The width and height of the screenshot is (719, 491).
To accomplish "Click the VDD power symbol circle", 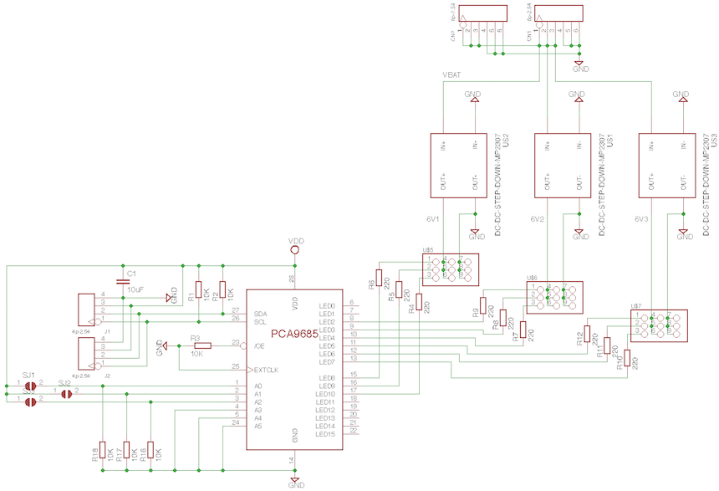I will pyautogui.click(x=294, y=249).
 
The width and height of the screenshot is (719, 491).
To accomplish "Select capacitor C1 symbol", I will pyautogui.click(x=124, y=282).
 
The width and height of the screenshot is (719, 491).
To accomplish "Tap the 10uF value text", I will pyautogui.click(x=135, y=289).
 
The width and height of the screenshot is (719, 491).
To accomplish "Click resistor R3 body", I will pyautogui.click(x=200, y=345).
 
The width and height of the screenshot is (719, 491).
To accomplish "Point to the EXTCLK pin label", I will pyautogui.click(x=266, y=368).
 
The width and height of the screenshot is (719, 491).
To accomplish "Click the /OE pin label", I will pyautogui.click(x=259, y=345).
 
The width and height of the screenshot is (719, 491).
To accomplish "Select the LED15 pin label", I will pyautogui.click(x=326, y=433).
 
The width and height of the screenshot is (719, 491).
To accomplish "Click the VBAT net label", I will pyautogui.click(x=452, y=75).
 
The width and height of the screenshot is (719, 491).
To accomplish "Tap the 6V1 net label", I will pyautogui.click(x=432, y=219).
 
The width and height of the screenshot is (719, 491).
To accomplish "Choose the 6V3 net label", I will pyautogui.click(x=641, y=219).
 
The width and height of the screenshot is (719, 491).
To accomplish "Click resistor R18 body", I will pyautogui.click(x=103, y=451).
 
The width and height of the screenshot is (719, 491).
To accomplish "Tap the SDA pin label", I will pyautogui.click(x=260, y=312).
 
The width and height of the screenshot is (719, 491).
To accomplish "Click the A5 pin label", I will pyautogui.click(x=258, y=426).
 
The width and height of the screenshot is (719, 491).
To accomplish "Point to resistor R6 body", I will pyautogui.click(x=379, y=277).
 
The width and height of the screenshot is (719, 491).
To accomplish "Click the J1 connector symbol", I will pyautogui.click(x=89, y=309).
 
